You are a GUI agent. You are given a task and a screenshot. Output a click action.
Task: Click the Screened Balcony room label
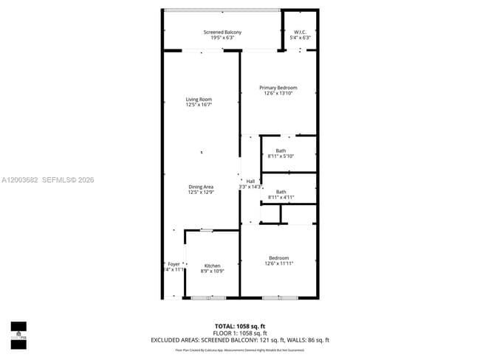[222, 32]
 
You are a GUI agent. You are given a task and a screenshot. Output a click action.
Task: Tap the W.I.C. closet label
[301, 32]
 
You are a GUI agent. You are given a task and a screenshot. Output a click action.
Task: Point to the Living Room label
[199, 100]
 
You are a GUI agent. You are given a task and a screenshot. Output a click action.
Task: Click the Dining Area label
[201, 187]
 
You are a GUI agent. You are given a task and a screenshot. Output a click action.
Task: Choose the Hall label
[250, 181]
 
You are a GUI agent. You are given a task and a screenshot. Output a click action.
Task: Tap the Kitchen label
[212, 266]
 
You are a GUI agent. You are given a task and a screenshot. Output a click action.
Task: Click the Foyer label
[174, 264]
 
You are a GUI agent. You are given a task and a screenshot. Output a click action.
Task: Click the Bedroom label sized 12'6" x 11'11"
[278, 258]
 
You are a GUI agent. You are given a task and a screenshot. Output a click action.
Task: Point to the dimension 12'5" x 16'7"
[199, 105]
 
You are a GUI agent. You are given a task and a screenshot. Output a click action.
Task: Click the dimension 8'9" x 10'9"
[212, 271]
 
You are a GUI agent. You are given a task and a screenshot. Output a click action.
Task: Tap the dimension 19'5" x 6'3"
[222, 38]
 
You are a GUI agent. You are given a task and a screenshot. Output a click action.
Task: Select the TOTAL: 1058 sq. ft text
[240, 325]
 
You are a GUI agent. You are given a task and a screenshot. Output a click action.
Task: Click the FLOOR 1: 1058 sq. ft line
[240, 333]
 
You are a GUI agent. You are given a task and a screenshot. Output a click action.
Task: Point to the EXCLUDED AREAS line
[240, 340]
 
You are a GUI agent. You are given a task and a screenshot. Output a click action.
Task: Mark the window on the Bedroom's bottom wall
[280, 297]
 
